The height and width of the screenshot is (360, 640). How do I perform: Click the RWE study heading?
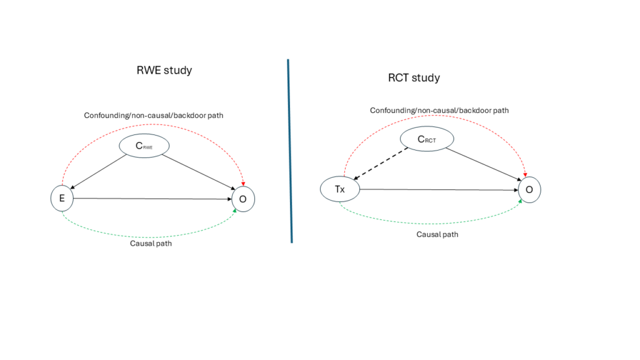164,70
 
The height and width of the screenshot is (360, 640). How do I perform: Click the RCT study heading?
414,78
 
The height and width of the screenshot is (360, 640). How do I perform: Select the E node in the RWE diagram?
62,198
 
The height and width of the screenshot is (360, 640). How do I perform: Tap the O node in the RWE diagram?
243,199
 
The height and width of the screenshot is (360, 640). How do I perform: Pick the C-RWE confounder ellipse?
146,146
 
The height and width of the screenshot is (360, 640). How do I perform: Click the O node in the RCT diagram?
529,191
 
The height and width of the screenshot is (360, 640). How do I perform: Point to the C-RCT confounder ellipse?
427,139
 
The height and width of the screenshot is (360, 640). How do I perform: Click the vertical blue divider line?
289,150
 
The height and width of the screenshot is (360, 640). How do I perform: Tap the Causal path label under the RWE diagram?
151,243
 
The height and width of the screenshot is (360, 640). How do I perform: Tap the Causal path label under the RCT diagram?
437,234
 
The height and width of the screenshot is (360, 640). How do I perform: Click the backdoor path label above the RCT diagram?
439,111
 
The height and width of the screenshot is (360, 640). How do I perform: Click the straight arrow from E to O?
153,199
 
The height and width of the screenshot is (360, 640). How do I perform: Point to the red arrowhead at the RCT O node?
524,172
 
